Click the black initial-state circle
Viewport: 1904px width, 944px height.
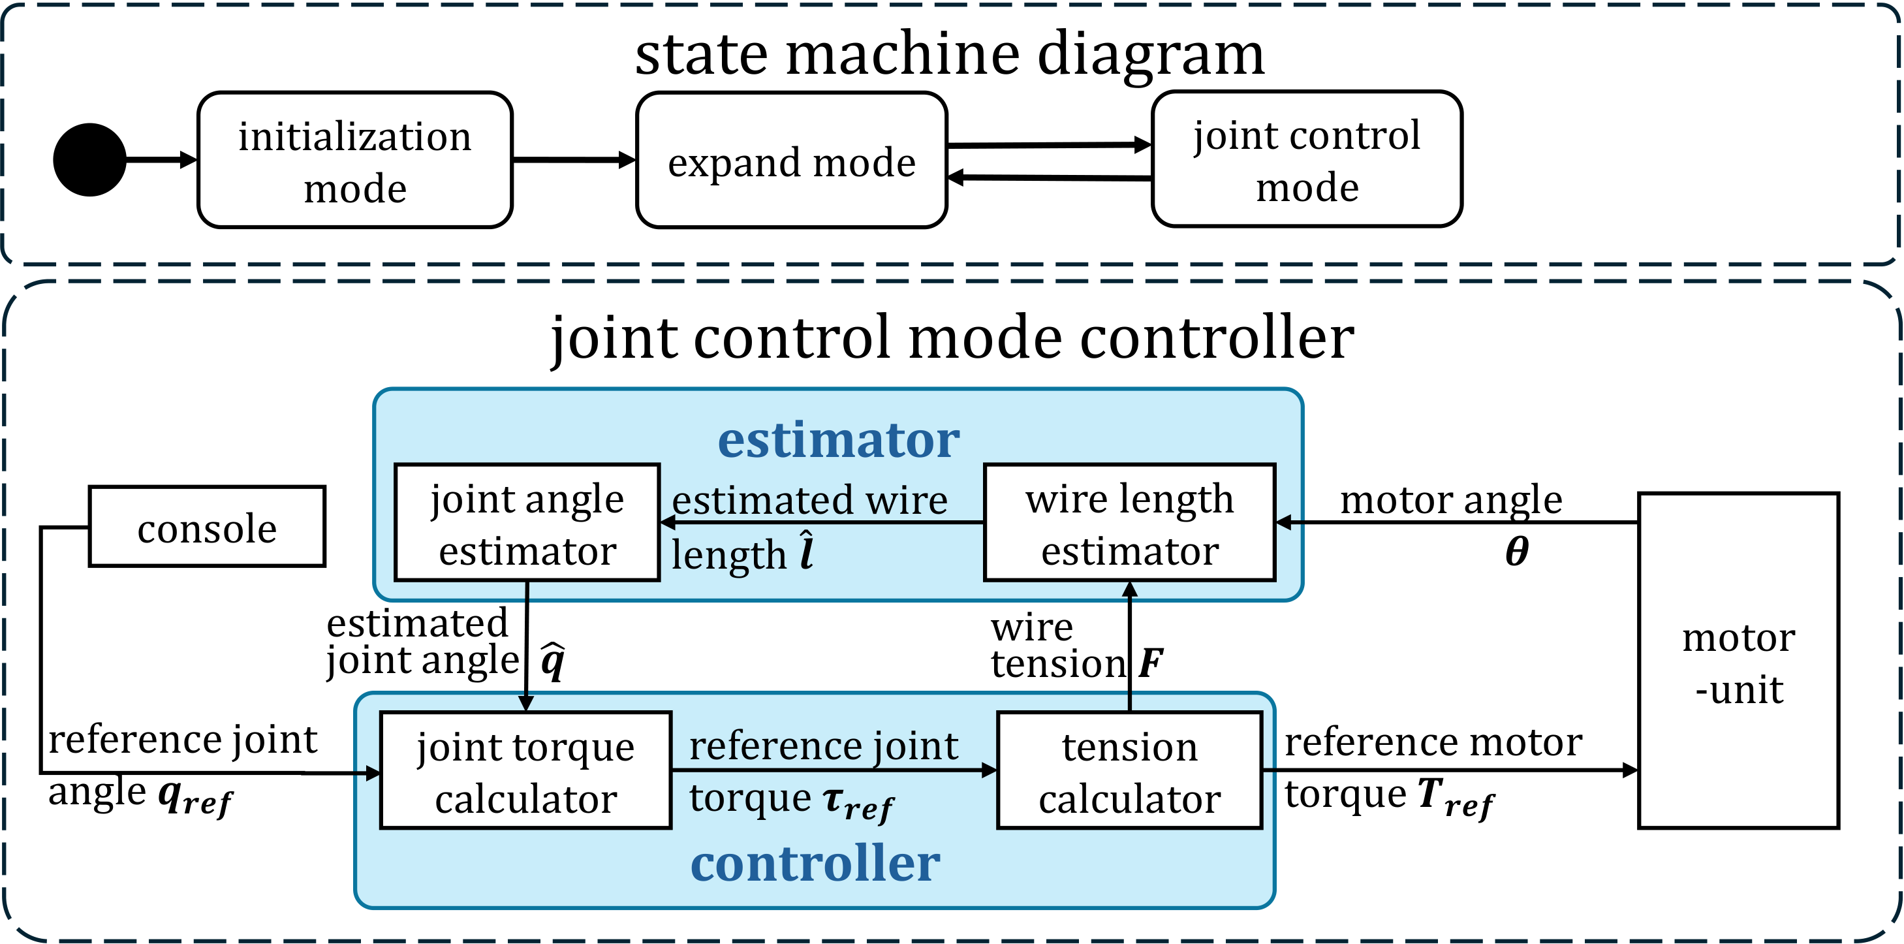(89, 160)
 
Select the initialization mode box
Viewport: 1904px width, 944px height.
(355, 161)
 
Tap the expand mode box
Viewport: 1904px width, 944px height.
(791, 161)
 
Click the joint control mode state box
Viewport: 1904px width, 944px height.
(1306, 160)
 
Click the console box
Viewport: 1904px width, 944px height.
(207, 526)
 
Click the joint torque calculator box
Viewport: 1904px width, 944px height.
(525, 770)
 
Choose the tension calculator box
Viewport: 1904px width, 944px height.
(1129, 770)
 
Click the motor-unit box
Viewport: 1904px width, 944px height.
(1738, 661)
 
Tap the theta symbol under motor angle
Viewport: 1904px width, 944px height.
(1517, 552)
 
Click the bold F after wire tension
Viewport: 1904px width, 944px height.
(1151, 663)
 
